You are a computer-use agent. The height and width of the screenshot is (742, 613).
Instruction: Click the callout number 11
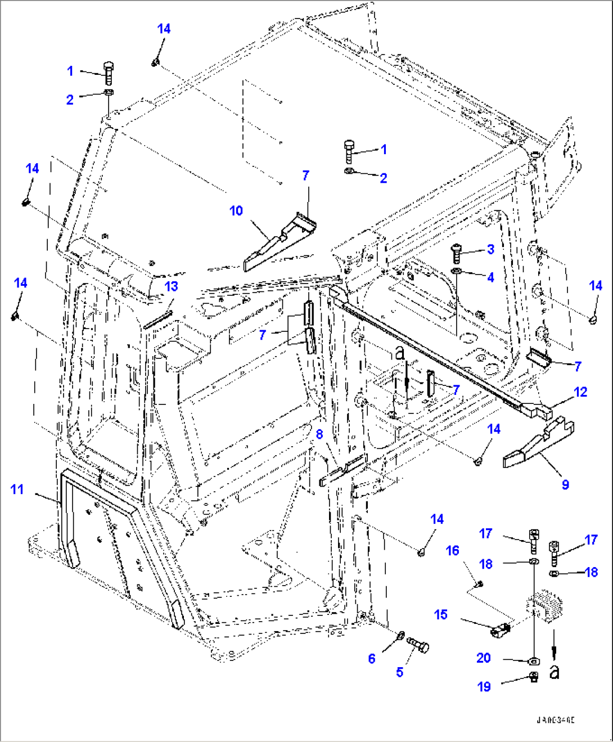pos(17,489)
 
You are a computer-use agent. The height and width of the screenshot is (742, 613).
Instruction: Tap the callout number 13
pos(171,286)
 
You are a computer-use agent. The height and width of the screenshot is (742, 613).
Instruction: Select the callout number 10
pos(236,210)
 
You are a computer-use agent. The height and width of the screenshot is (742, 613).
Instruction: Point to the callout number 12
pos(580,392)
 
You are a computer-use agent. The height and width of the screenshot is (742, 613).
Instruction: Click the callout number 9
pos(565,484)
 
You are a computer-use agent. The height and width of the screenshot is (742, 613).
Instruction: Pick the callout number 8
pos(319,434)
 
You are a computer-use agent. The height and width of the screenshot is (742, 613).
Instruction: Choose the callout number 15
pos(441,614)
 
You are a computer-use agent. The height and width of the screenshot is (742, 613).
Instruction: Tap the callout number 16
pos(453,551)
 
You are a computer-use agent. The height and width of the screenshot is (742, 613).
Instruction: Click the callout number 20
pos(484,658)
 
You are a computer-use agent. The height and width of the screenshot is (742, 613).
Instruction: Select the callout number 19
pos(484,686)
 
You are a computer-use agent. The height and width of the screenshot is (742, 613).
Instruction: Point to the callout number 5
pos(399,672)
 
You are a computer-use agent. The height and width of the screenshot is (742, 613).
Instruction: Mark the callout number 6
pos(372,658)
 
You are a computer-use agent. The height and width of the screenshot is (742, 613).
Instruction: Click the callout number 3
pos(490,249)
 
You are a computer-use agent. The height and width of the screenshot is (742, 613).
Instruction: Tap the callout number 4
pos(490,277)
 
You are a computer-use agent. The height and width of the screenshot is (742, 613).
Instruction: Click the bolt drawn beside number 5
pos(420,646)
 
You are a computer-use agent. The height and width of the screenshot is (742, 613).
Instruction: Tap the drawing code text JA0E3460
pos(555,720)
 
